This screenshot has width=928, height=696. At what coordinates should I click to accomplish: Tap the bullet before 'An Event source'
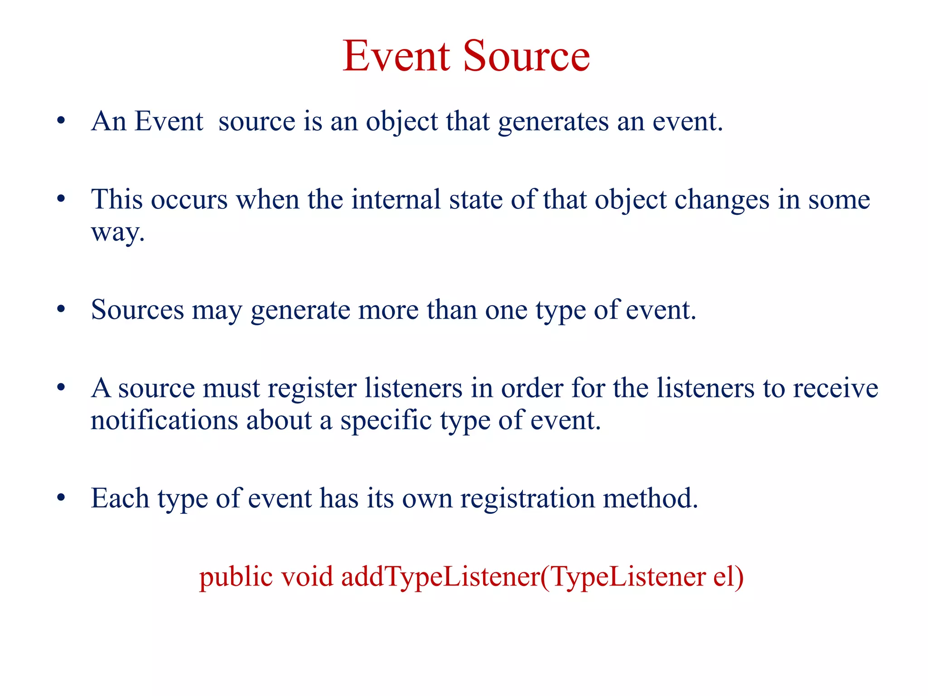click(x=61, y=121)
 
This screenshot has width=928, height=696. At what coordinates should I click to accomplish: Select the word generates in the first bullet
click(x=553, y=122)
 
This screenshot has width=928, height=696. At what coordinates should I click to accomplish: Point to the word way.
click(x=117, y=233)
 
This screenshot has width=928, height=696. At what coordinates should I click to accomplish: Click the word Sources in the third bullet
click(x=137, y=310)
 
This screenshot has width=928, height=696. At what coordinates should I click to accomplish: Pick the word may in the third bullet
click(x=217, y=312)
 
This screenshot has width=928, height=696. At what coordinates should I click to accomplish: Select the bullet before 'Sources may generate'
click(x=61, y=310)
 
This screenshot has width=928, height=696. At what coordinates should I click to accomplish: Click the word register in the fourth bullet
click(x=312, y=389)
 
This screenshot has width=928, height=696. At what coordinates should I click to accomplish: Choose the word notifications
click(x=164, y=420)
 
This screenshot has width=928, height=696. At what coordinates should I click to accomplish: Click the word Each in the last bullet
click(x=120, y=498)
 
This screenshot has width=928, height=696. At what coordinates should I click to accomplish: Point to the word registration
click(x=527, y=499)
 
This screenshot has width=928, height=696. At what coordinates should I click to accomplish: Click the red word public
click(x=236, y=578)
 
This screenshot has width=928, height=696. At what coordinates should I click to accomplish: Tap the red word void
click(x=307, y=577)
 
